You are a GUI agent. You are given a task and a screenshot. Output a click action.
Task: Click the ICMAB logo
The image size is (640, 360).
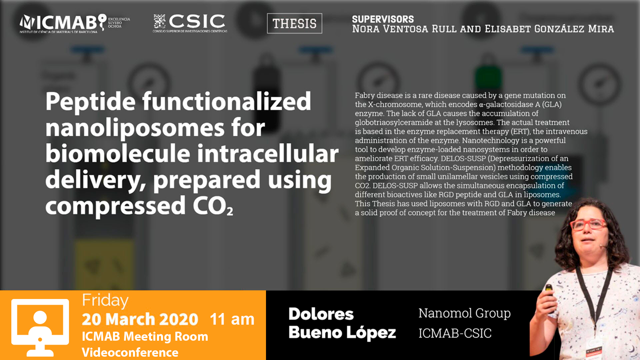[x=75, y=24]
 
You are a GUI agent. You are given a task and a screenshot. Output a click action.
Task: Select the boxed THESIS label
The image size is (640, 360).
[x=295, y=23]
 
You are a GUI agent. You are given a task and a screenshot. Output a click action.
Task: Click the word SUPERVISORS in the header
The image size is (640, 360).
[x=383, y=19]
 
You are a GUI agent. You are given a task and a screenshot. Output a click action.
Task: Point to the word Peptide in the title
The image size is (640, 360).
[x=90, y=102]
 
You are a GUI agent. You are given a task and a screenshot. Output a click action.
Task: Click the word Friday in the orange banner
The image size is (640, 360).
[x=105, y=301]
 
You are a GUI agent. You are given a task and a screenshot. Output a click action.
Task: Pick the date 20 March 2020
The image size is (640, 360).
[x=140, y=319]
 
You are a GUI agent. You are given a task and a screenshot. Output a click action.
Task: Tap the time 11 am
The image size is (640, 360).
[x=232, y=319]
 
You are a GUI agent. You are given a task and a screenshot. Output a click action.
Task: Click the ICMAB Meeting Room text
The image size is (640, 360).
[x=145, y=336]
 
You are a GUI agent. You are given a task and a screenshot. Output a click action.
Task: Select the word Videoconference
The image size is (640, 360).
[x=130, y=352]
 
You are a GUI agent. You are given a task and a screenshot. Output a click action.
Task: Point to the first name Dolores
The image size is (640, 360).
[x=321, y=314]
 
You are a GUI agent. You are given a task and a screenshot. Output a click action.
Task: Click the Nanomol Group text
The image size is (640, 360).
[x=465, y=313]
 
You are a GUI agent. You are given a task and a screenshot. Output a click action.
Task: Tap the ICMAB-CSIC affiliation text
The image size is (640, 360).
[x=455, y=333]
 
